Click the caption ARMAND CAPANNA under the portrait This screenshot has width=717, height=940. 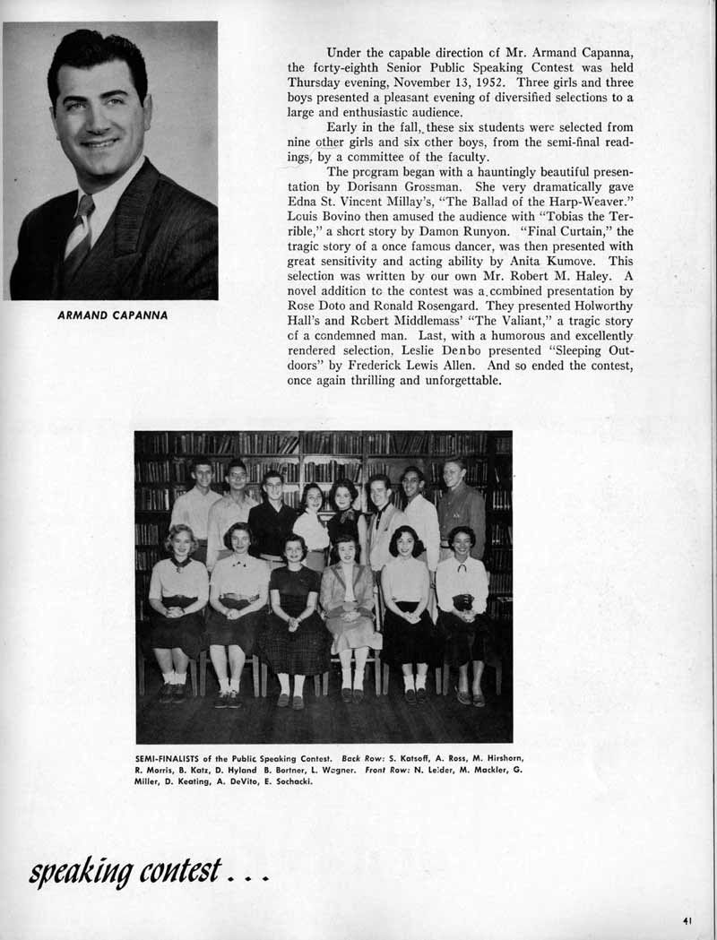pyautogui.click(x=112, y=315)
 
